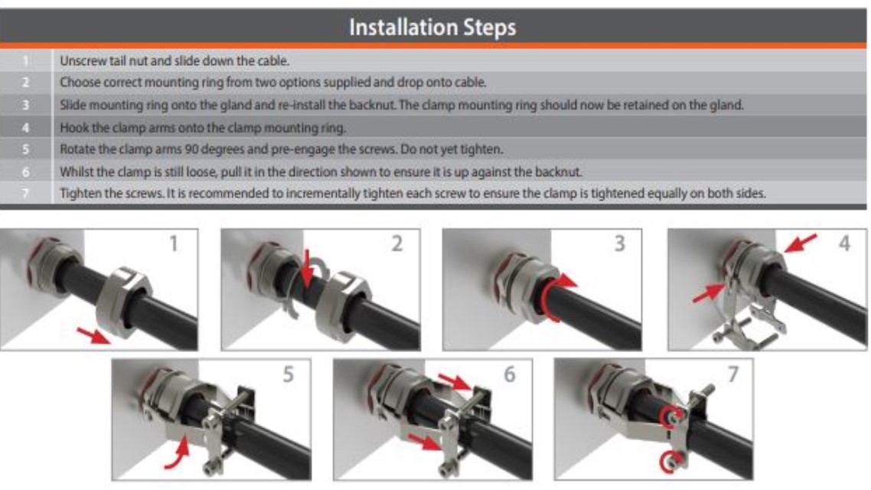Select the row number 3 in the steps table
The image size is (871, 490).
click(27, 105)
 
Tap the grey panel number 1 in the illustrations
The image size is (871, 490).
click(173, 244)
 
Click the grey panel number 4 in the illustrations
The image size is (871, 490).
click(844, 244)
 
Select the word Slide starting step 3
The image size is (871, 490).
click(73, 105)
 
